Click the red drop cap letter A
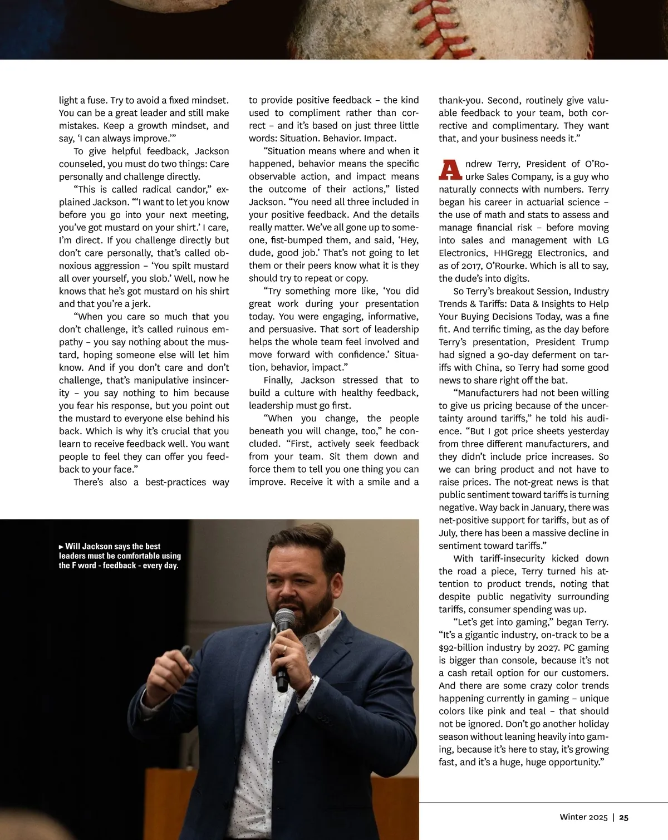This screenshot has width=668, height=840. pos(450,170)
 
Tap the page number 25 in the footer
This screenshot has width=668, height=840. pos(624,817)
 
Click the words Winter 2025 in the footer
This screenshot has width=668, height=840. pos(583,817)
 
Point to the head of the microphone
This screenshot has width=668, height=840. pos(284,619)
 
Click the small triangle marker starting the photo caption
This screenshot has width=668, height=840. pos(61,547)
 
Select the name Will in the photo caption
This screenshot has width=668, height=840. pos(73,547)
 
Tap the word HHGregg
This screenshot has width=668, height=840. pos(513,253)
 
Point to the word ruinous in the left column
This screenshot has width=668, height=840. pos(193,330)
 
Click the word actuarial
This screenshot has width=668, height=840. pos(539,202)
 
